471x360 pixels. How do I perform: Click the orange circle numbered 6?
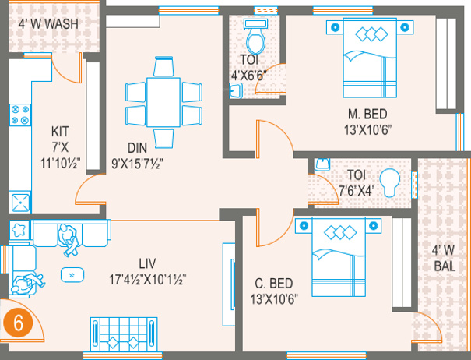[18, 323]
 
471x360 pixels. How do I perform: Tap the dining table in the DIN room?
[163, 102]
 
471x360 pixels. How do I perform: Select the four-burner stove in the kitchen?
[20, 115]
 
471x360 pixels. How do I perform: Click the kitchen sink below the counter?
[20, 202]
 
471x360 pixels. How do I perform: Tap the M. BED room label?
[367, 115]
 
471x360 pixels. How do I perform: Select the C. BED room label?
[274, 284]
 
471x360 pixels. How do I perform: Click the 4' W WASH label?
[48, 24]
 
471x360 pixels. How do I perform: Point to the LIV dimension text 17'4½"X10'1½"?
[147, 280]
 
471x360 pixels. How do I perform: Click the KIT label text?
[60, 132]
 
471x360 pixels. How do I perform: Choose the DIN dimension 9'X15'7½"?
[137, 164]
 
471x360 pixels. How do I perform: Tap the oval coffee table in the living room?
[72, 274]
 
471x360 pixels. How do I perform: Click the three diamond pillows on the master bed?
[371, 34]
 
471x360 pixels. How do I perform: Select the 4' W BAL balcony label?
[445, 258]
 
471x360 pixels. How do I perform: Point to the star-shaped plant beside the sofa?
[19, 230]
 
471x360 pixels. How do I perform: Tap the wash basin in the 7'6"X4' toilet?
[322, 164]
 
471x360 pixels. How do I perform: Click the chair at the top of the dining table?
[163, 66]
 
